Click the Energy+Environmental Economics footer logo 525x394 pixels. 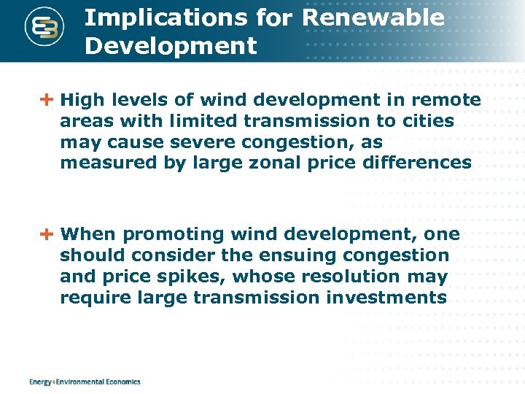85,382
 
